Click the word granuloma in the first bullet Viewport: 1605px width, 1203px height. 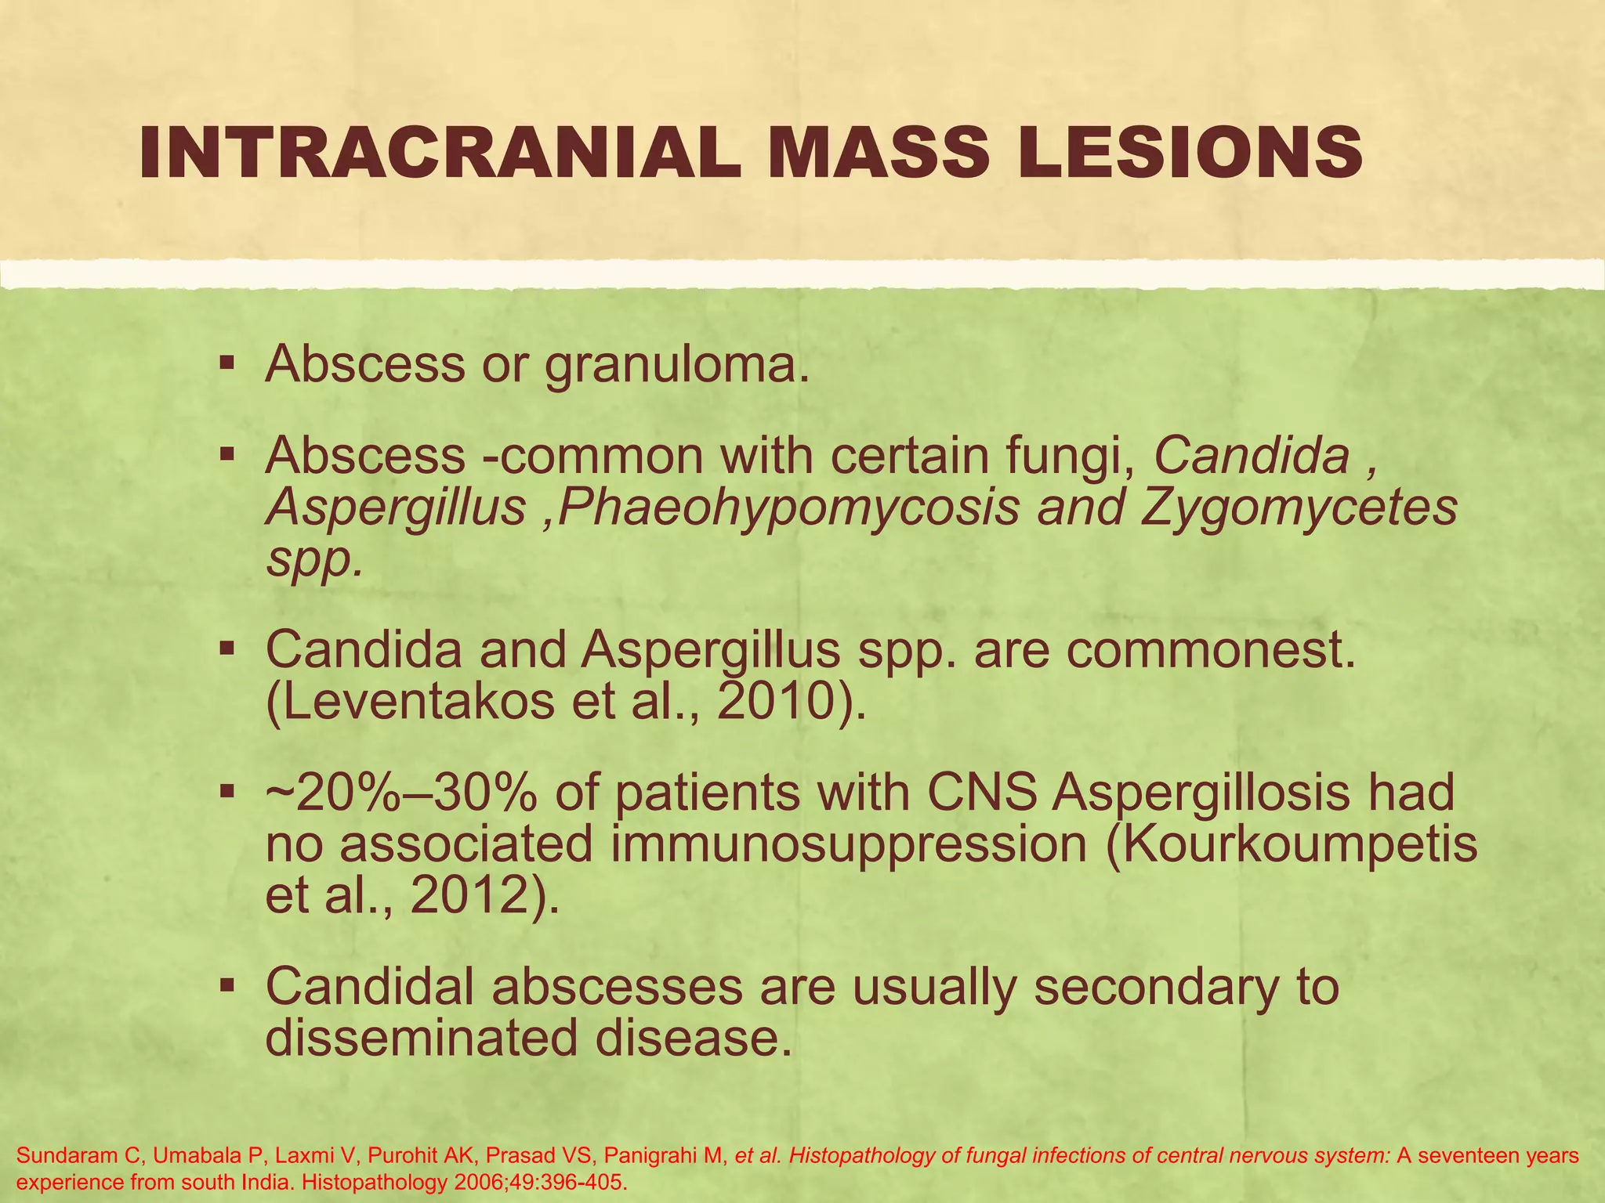point(676,365)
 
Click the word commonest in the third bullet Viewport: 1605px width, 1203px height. point(1211,650)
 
